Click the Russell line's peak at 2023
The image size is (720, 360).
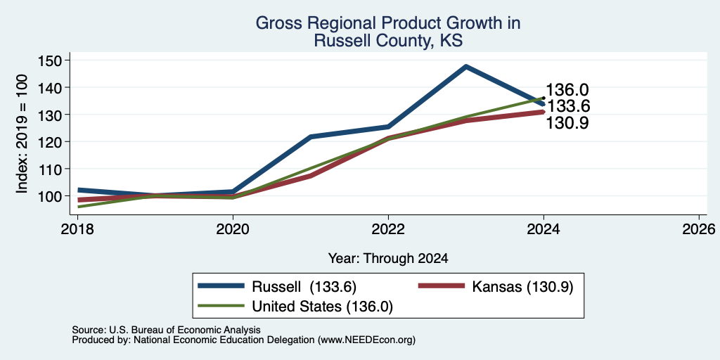[x=466, y=67]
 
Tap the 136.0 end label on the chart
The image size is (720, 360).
[x=567, y=90]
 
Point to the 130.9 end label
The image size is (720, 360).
[x=567, y=122]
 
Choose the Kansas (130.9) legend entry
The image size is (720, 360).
[x=496, y=286]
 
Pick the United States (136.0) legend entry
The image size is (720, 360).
[x=295, y=307]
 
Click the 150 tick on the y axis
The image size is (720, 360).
[x=53, y=60]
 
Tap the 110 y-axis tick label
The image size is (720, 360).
[x=53, y=169]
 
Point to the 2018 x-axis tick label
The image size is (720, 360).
[x=77, y=229]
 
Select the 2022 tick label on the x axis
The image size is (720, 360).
[x=388, y=229]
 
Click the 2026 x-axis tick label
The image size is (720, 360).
[x=699, y=229]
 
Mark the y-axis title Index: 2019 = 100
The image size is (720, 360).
[x=22, y=134]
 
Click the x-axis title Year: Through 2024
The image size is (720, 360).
[x=388, y=259]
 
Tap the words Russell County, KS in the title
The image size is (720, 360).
[x=388, y=41]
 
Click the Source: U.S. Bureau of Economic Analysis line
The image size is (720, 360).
[x=166, y=330]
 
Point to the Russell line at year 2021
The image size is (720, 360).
[x=311, y=137]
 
